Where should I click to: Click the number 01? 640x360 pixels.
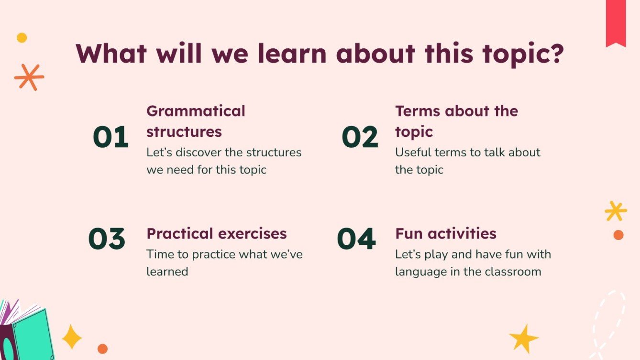(110, 137)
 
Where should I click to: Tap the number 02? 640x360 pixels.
(360, 137)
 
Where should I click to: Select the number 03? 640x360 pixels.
(107, 239)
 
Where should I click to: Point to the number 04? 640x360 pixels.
(356, 239)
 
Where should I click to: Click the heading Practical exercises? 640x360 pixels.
(216, 234)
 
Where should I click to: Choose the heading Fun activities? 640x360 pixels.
(445, 234)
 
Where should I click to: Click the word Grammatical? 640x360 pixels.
(196, 111)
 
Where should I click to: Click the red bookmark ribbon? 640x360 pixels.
(616, 22)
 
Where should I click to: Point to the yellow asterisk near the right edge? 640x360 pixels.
(615, 211)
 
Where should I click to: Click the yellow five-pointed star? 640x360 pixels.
(524, 338)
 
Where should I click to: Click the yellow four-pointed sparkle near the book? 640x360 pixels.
(72, 337)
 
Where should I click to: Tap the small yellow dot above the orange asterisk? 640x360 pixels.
(22, 38)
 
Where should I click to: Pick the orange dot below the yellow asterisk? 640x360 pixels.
(618, 235)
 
